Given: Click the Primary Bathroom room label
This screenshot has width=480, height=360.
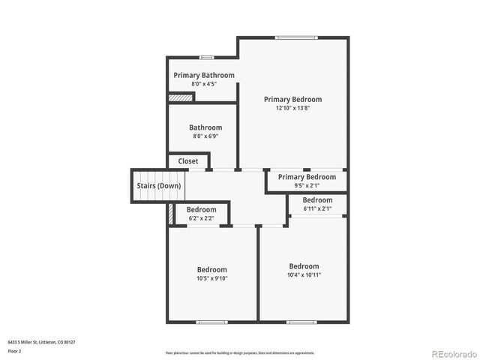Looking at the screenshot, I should click(204, 75).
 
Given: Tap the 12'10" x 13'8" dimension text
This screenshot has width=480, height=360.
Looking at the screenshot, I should click(292, 108).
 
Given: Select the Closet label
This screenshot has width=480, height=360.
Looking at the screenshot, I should click(188, 161).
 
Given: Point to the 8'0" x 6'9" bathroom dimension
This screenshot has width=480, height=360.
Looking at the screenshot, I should click(205, 136).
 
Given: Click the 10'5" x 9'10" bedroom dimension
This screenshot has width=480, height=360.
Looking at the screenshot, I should click(212, 278).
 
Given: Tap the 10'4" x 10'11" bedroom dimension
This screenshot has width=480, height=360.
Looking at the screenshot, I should click(304, 274).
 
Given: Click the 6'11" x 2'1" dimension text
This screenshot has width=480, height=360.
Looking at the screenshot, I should click(317, 208).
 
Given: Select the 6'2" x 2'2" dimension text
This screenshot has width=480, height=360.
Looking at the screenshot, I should click(201, 218).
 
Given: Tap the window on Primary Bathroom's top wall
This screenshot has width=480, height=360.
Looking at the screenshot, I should click(206, 57).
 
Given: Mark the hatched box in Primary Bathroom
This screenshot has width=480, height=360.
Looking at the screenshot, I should click(181, 97).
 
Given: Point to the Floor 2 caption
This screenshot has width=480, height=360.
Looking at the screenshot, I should click(15, 351).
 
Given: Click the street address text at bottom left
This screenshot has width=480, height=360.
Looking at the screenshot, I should click(42, 341).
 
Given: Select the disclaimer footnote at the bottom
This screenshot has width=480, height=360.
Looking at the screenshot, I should click(240, 352).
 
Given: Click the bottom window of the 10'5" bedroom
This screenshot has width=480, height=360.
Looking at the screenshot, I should click(211, 322).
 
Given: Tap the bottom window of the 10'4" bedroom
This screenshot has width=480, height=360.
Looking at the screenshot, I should click(301, 322).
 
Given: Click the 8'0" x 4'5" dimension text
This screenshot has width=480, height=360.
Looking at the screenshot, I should click(204, 84).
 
